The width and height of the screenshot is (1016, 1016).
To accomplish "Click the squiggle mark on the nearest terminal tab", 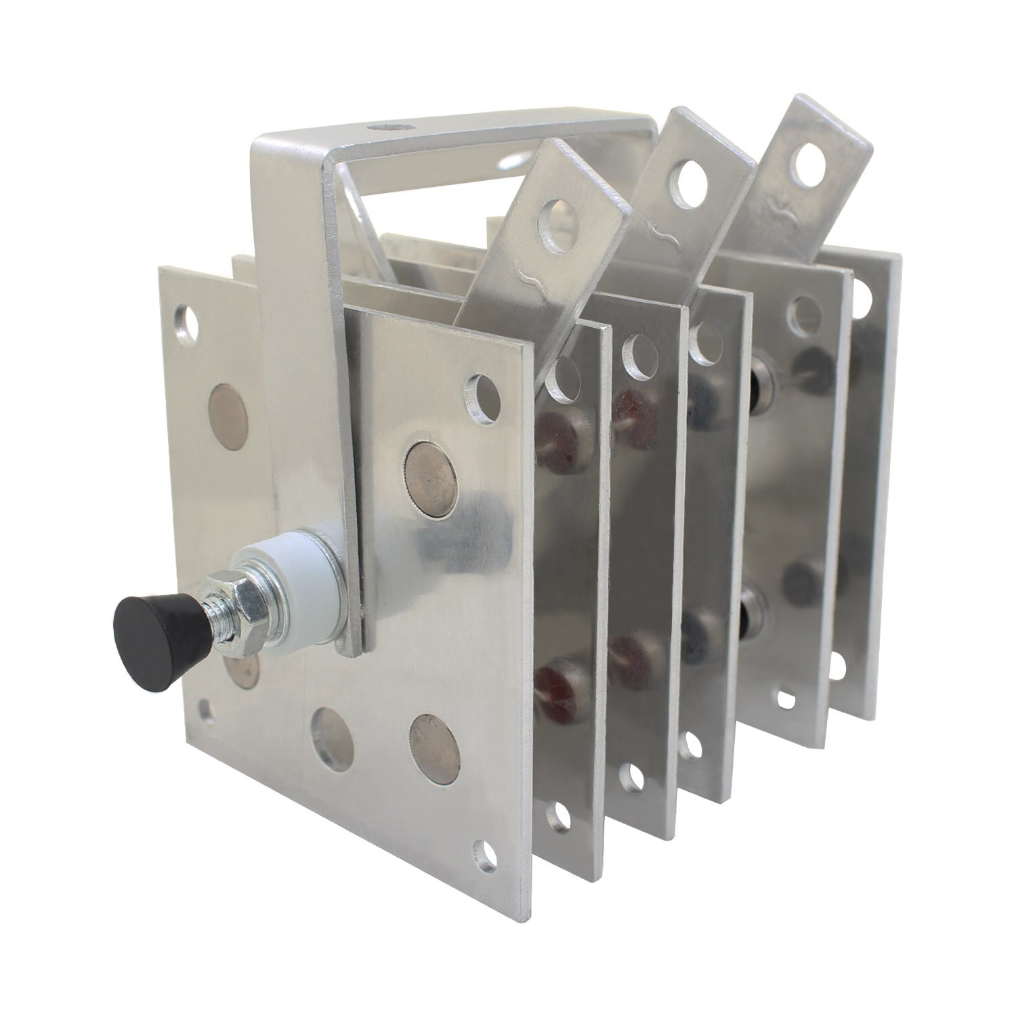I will point(530,274).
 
